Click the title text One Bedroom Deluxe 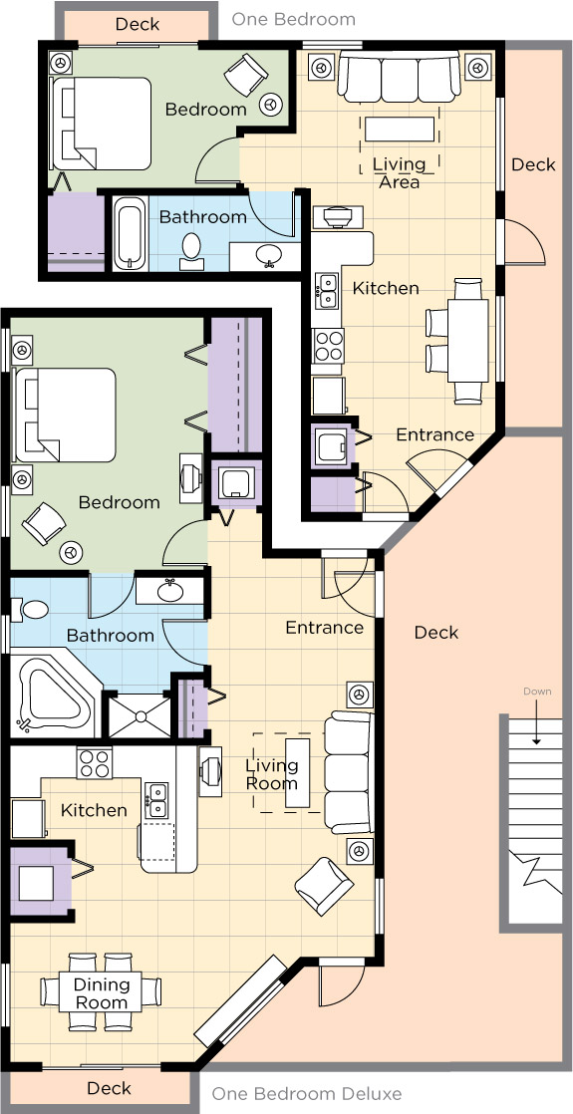click(x=306, y=1093)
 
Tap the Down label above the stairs click(x=537, y=692)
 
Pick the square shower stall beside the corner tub click(x=139, y=716)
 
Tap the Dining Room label click(x=102, y=994)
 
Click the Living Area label click(x=399, y=173)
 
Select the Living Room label click(x=272, y=774)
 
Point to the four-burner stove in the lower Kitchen click(x=95, y=763)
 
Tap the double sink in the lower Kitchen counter click(x=156, y=800)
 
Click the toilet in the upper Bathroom click(x=190, y=250)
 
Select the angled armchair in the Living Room click(x=324, y=885)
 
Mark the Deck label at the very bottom click(x=109, y=1088)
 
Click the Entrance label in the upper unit click(x=434, y=434)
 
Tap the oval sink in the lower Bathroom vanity click(x=169, y=590)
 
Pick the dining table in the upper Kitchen click(x=467, y=341)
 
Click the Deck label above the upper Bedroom click(x=138, y=24)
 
